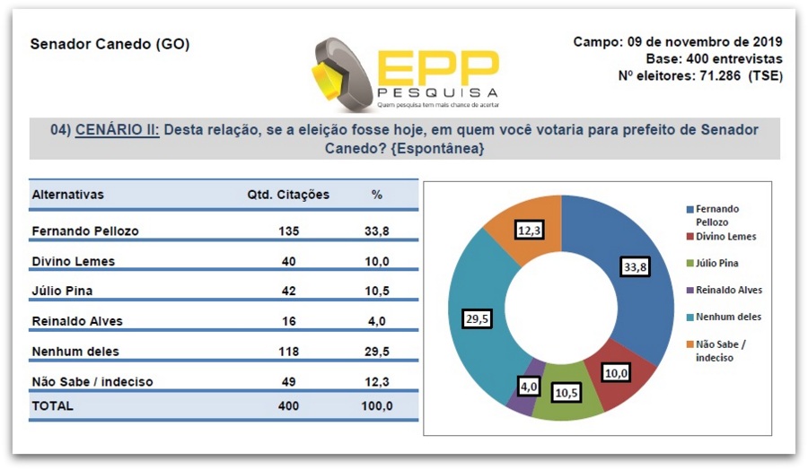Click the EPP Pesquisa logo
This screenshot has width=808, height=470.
click(406, 72)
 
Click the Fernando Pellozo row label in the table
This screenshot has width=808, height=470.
click(85, 231)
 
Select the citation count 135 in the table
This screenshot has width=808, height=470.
click(288, 231)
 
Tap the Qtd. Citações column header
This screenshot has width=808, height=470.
click(288, 195)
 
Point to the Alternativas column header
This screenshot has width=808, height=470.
click(68, 195)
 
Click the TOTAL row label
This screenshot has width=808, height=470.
click(53, 405)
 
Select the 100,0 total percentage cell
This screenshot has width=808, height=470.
click(376, 405)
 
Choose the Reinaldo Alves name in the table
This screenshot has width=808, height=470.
click(78, 321)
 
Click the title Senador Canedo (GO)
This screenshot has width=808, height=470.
click(110, 44)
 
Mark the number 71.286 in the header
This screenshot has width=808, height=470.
click(717, 75)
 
